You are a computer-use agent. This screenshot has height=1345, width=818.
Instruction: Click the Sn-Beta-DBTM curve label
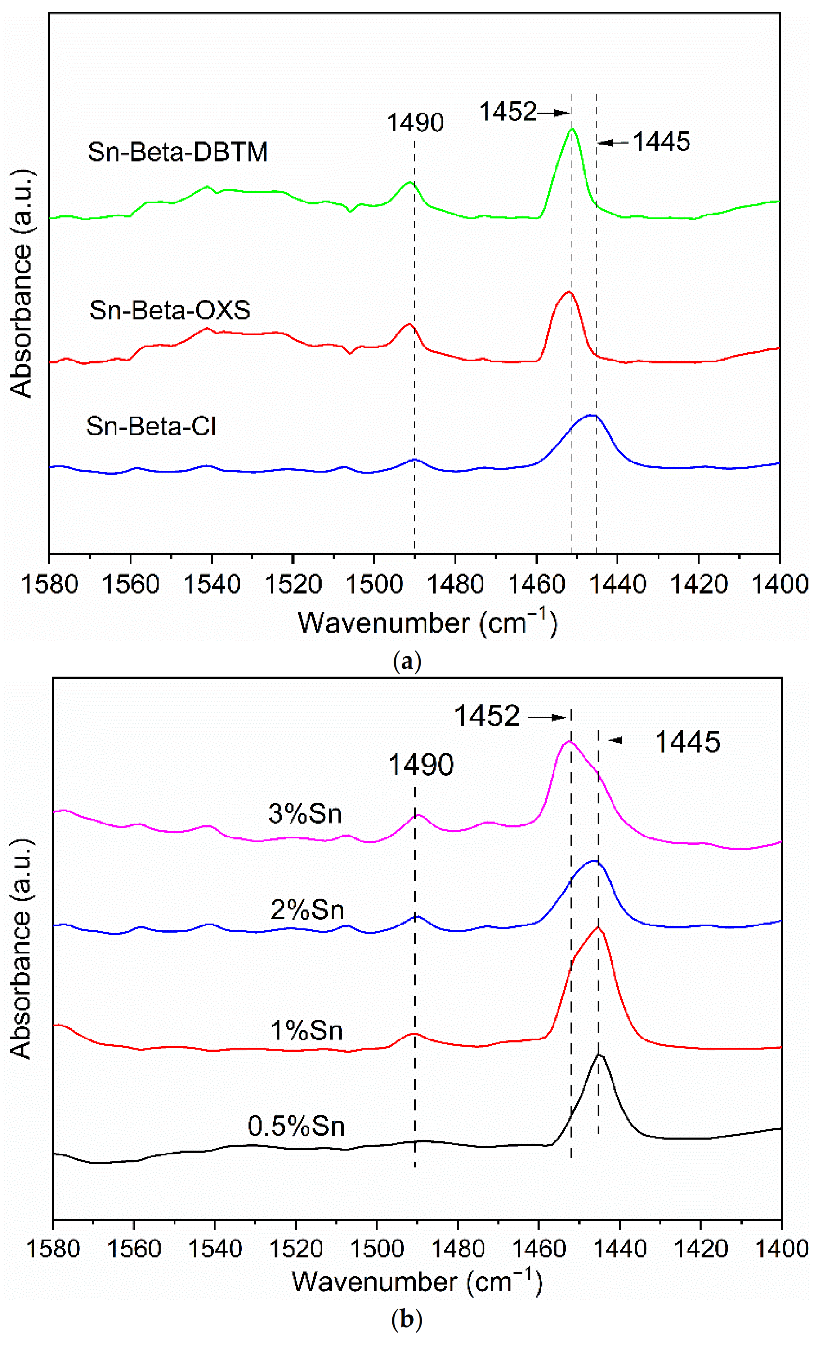click(178, 152)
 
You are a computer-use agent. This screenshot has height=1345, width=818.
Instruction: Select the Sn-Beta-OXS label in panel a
click(170, 310)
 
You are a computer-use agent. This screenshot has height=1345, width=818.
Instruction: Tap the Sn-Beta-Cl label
click(151, 426)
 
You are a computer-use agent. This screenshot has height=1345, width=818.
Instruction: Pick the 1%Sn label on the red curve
click(307, 1031)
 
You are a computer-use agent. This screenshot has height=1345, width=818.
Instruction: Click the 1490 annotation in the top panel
click(415, 123)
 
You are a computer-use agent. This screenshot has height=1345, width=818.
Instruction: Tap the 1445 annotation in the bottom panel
click(687, 742)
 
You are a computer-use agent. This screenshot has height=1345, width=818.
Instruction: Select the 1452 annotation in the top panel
click(507, 112)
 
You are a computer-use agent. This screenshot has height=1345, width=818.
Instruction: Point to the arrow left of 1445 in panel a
click(613, 143)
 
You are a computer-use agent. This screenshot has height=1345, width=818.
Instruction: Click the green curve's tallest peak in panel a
click(573, 129)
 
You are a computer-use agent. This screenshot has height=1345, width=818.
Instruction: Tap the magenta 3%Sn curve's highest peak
click(569, 742)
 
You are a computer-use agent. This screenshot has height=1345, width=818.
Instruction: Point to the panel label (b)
click(407, 1320)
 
